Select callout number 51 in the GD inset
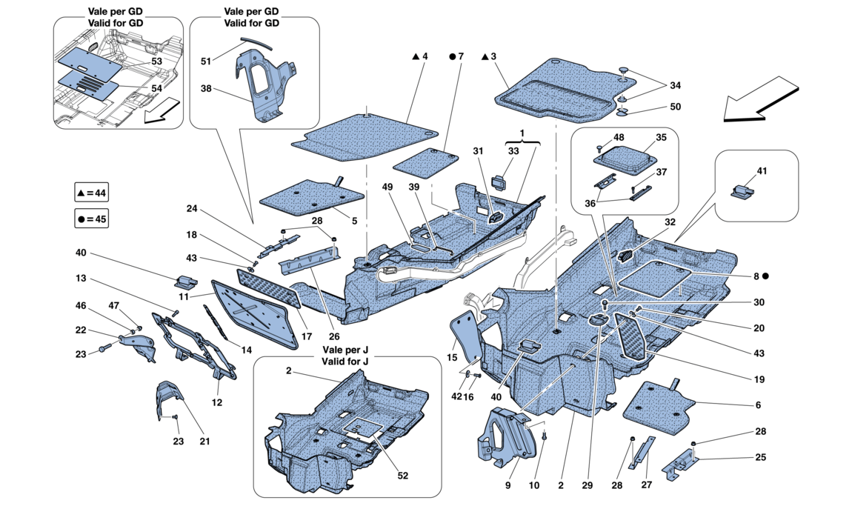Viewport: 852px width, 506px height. [206, 61]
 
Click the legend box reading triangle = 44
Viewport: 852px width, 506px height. [92, 193]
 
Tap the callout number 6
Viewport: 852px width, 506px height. [757, 405]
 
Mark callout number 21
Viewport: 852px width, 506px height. [204, 442]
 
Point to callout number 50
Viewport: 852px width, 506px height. [675, 107]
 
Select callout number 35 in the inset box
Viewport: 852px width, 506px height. [660, 137]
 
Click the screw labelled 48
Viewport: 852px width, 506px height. [601, 149]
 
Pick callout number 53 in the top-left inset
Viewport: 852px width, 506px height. [157, 61]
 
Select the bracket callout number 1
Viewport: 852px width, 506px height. [522, 133]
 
